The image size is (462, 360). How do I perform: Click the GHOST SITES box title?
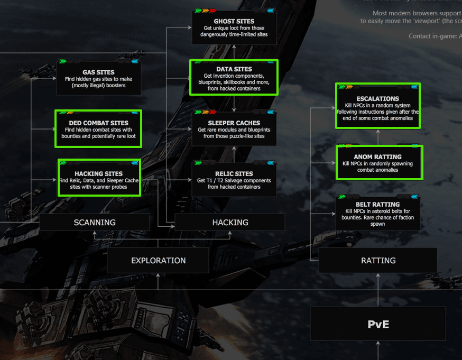[234, 21]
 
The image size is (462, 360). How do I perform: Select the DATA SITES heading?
[234, 69]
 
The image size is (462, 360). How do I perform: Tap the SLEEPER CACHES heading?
[234, 123]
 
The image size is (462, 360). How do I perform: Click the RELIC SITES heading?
[234, 173]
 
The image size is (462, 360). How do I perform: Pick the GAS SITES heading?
[98, 72]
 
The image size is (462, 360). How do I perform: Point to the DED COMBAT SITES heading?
[98, 123]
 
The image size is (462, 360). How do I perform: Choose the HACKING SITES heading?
[98, 173]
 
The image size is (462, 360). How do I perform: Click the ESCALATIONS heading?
[378, 99]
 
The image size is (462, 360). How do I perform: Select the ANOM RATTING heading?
[378, 157]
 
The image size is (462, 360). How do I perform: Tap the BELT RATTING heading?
[378, 205]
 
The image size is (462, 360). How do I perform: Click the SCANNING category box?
[95, 223]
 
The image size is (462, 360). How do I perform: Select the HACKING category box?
[230, 223]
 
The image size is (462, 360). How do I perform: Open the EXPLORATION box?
[158, 261]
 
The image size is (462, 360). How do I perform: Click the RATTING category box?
[378, 261]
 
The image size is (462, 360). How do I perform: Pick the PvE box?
[378, 324]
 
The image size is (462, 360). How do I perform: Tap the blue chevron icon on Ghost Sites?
[270, 11]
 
